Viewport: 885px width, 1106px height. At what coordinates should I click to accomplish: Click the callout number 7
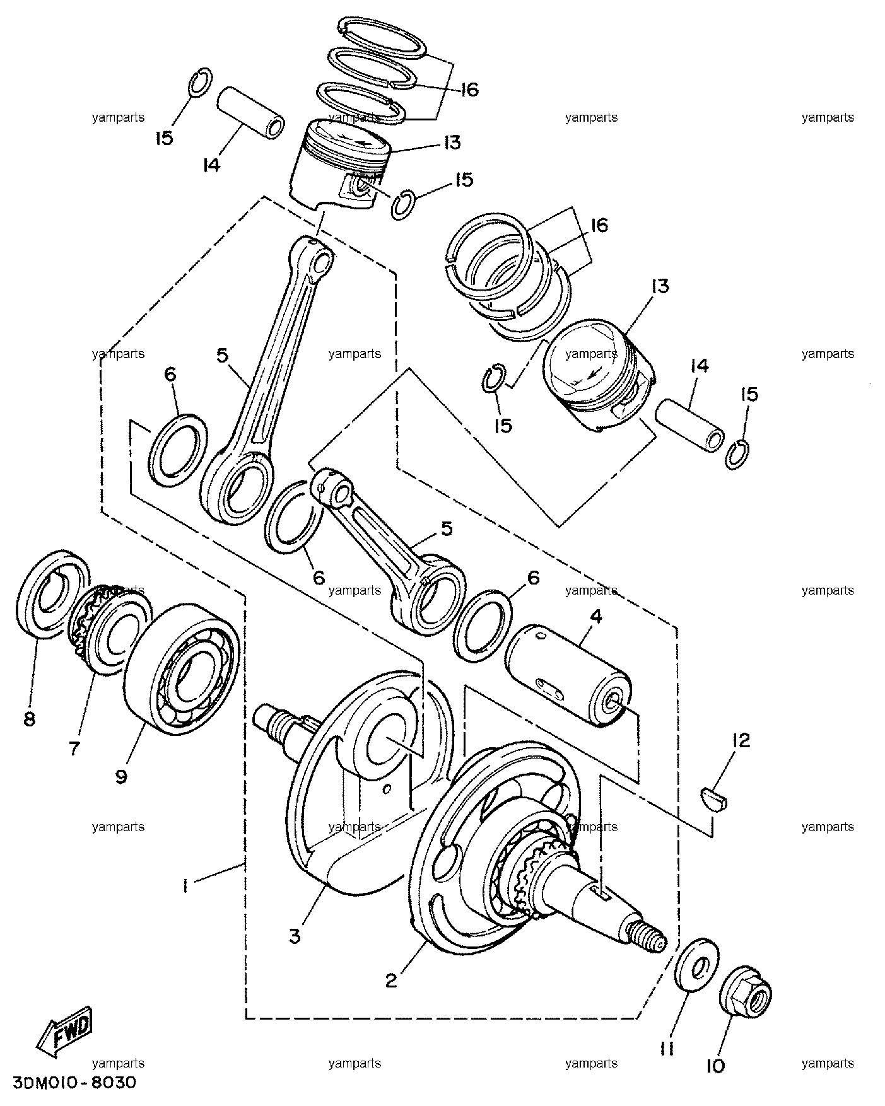[x=74, y=748]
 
